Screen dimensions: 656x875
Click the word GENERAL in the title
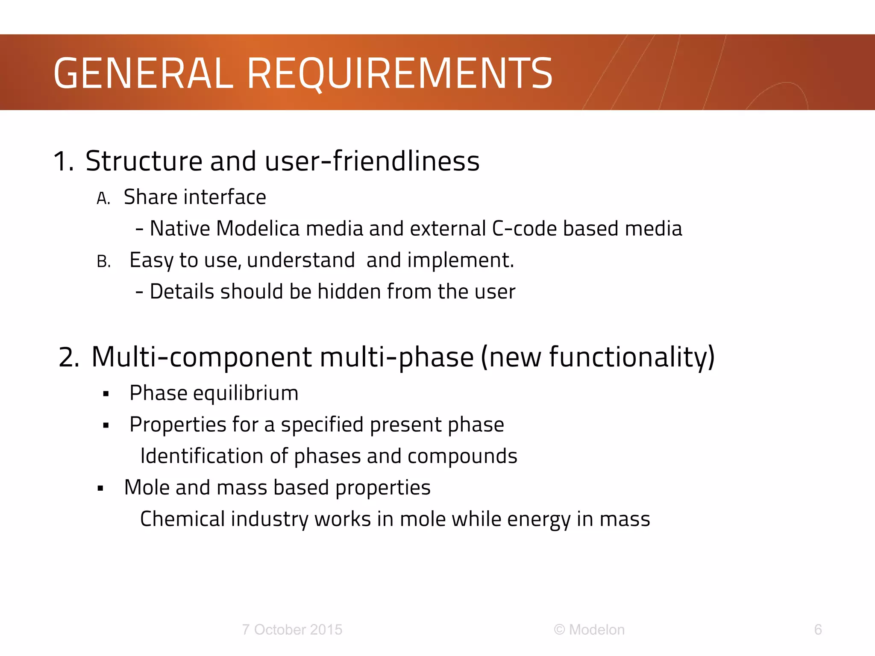[x=143, y=73]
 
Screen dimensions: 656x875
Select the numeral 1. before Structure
[x=64, y=162]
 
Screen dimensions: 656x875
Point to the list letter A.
[x=103, y=199]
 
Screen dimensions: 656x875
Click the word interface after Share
[x=225, y=197]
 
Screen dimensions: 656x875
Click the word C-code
[x=524, y=228]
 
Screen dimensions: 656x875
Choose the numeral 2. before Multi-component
[x=69, y=357]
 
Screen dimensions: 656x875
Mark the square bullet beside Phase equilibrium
[x=106, y=394]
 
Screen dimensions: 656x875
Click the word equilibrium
[x=246, y=393]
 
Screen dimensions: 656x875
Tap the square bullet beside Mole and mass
[x=100, y=489]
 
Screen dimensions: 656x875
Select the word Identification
[x=201, y=456]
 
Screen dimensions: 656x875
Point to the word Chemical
[x=182, y=519]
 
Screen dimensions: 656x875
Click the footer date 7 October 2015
[x=292, y=630]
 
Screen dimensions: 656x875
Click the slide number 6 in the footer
[x=818, y=630]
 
